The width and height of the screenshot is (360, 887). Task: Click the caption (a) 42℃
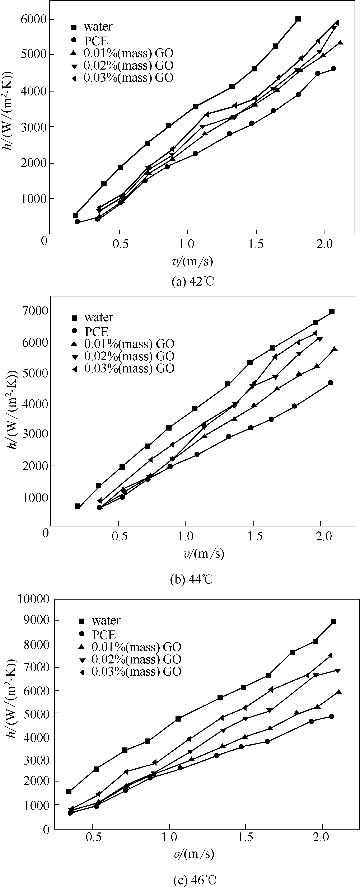click(x=193, y=281)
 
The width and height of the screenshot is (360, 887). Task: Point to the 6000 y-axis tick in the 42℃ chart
click(x=34, y=19)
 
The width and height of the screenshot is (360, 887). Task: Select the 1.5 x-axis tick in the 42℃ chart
click(x=256, y=244)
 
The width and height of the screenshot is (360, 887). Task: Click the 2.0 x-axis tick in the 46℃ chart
click(x=322, y=837)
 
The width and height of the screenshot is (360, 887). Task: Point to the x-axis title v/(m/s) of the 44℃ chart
click(x=204, y=553)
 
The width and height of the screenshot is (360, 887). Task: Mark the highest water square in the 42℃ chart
click(x=298, y=19)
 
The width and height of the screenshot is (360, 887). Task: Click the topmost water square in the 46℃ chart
click(x=333, y=622)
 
